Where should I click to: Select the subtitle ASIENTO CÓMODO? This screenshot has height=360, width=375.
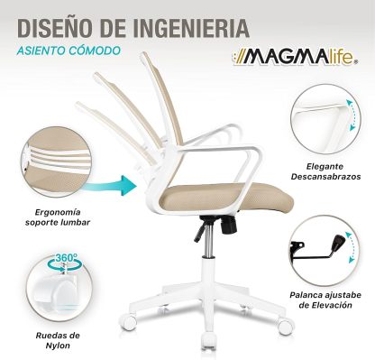click(69, 51)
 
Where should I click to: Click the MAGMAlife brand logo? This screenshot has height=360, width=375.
click(296, 57)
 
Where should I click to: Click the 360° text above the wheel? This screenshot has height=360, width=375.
click(66, 258)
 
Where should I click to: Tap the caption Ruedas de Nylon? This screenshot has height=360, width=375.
click(58, 340)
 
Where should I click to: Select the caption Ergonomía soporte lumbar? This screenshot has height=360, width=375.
click(58, 217)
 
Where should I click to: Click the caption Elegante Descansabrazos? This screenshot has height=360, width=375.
click(325, 171)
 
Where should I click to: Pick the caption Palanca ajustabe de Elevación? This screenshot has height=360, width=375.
click(325, 300)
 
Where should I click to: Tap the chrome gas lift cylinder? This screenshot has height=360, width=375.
click(206, 241)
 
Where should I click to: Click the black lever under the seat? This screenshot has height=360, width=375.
click(200, 233)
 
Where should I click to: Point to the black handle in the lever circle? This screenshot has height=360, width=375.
click(337, 243)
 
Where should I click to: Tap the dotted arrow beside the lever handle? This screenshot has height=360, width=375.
click(352, 248)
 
